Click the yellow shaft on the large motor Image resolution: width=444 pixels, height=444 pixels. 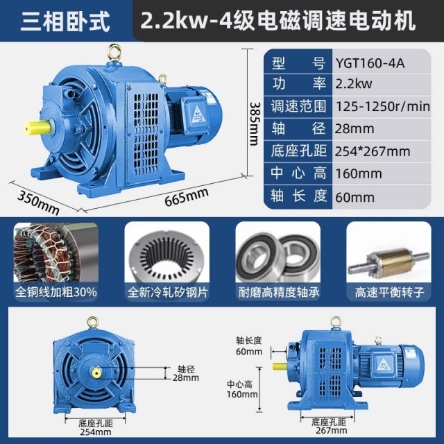37,129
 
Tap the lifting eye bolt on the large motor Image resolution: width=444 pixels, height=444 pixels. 115,52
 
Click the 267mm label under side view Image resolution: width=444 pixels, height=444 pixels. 330,431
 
